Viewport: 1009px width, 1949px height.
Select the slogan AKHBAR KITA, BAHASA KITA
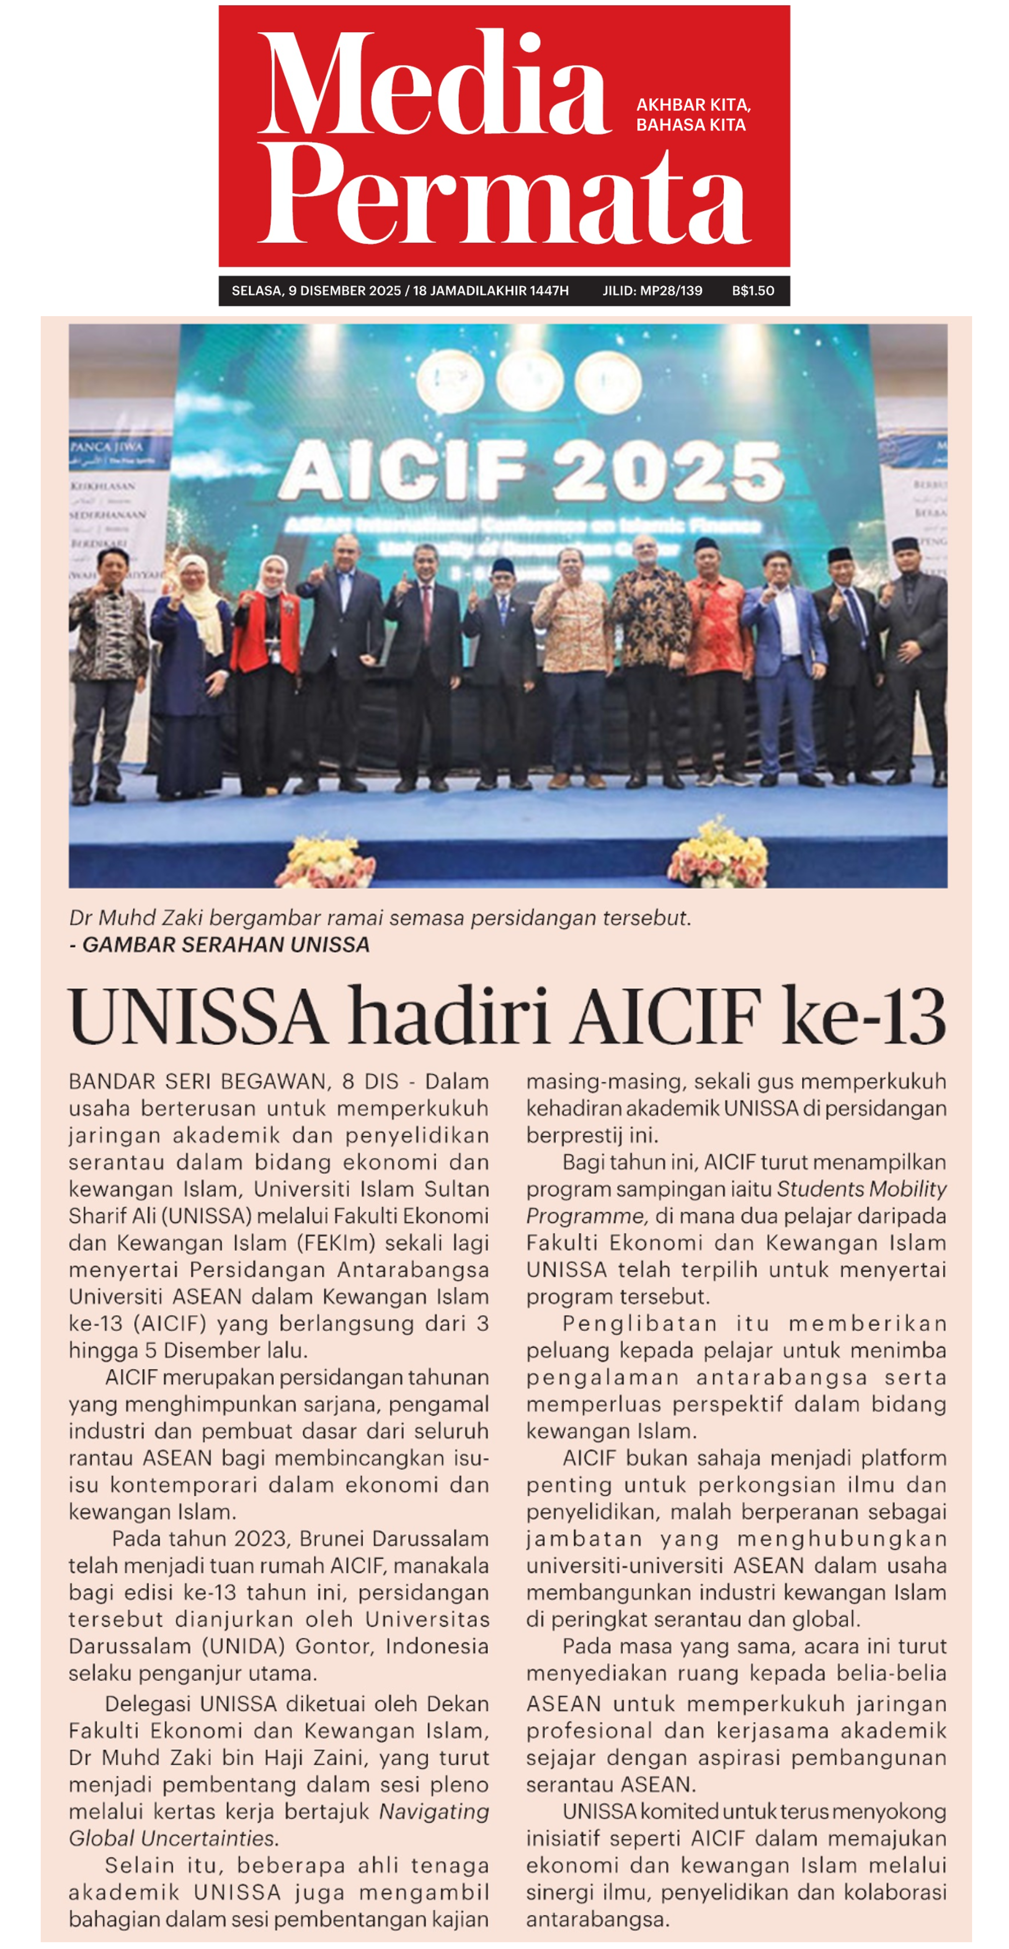(693, 114)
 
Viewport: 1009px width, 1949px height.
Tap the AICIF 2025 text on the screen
(532, 470)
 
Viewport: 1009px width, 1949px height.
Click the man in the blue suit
(784, 666)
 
